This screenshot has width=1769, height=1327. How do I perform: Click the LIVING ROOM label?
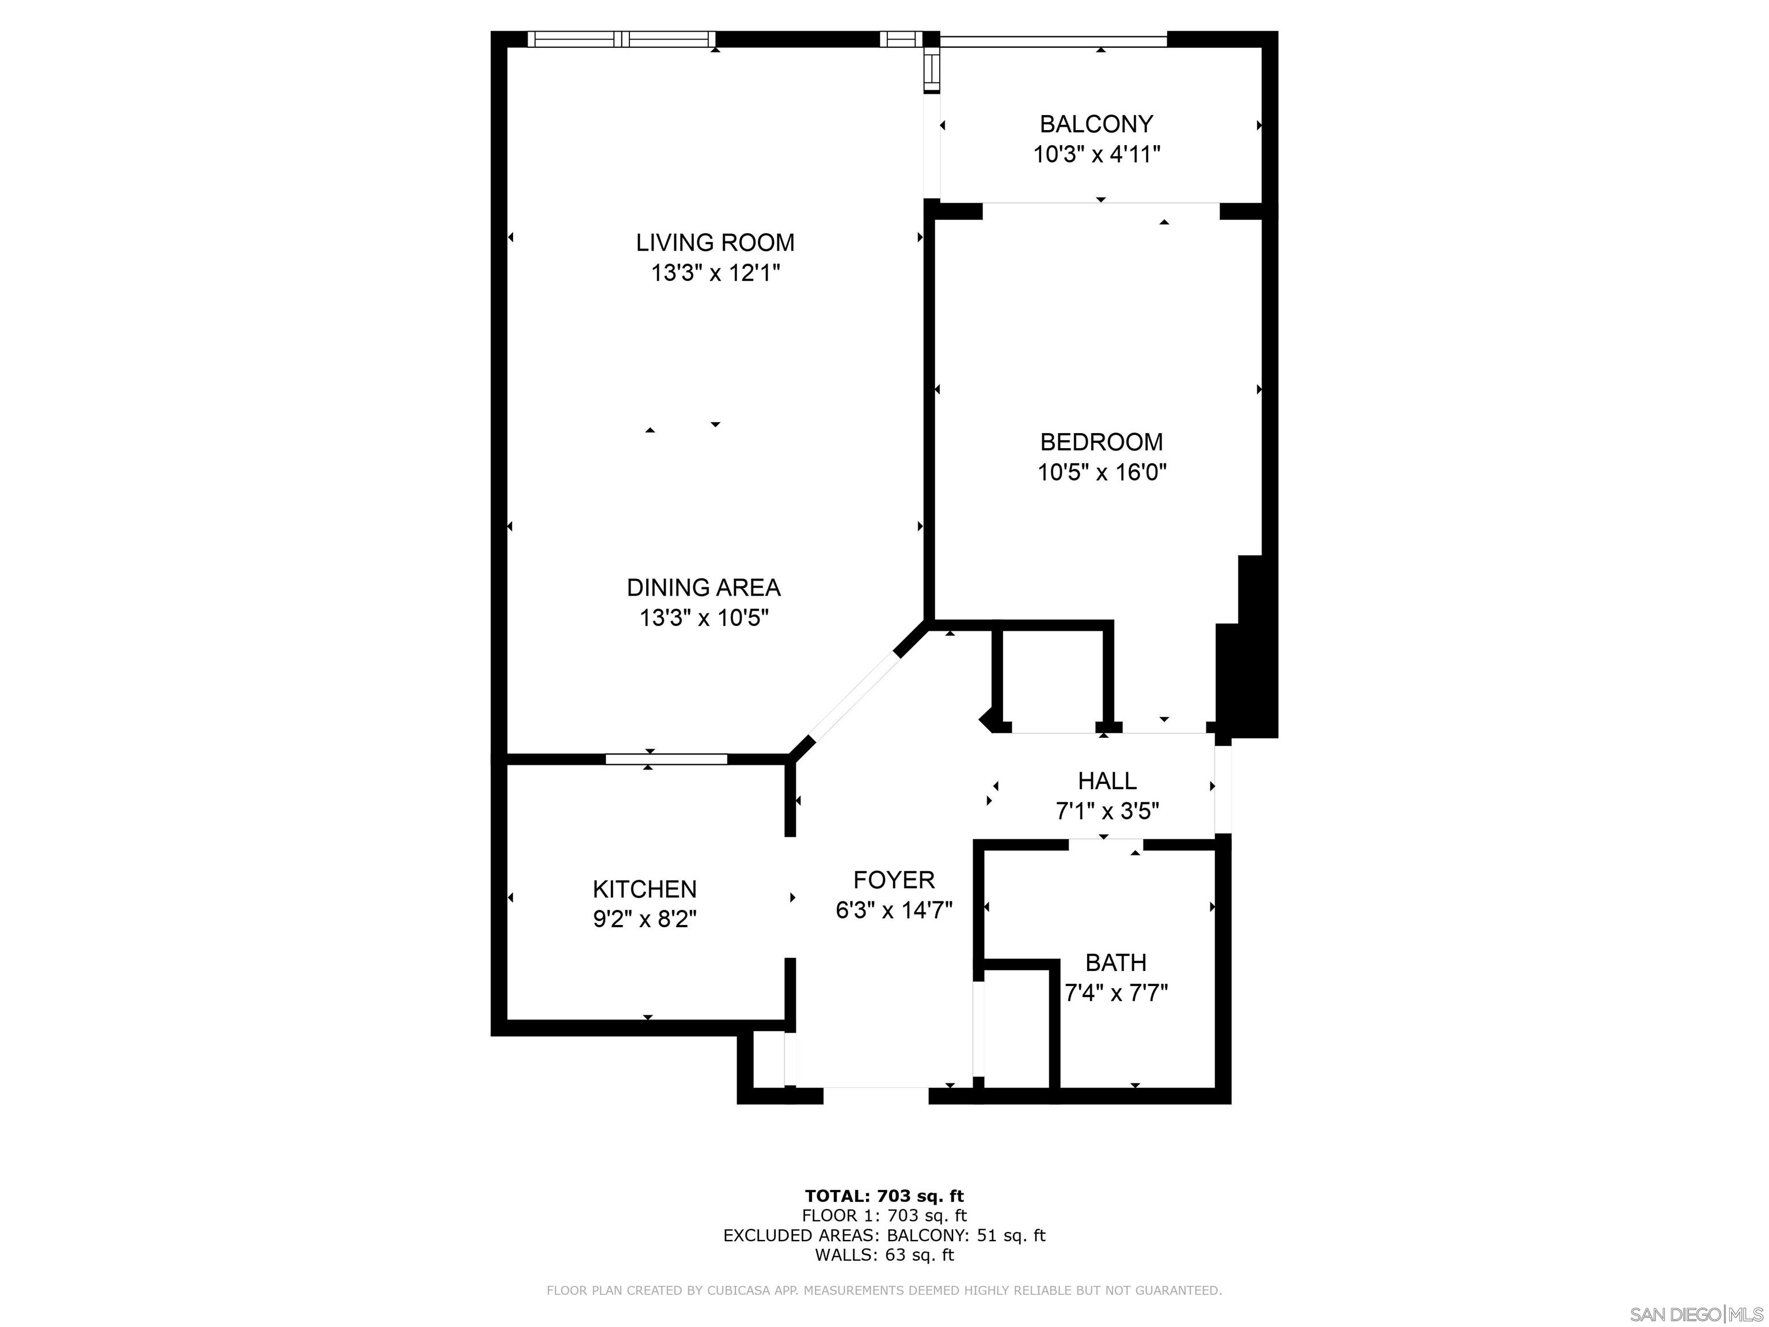pyautogui.click(x=715, y=242)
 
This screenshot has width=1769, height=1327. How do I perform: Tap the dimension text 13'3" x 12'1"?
pyautogui.click(x=715, y=274)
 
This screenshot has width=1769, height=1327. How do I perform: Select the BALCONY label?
pyautogui.click(x=1096, y=124)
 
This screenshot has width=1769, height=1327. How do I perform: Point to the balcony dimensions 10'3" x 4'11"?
pyautogui.click(x=1096, y=154)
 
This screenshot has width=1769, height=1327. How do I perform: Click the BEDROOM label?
pyautogui.click(x=1101, y=442)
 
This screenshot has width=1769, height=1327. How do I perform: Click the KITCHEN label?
pyautogui.click(x=644, y=889)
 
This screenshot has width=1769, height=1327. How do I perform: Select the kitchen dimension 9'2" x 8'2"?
pyautogui.click(x=644, y=919)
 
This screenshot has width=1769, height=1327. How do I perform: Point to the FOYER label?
pyautogui.click(x=893, y=880)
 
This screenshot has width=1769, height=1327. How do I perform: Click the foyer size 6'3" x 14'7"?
pyautogui.click(x=893, y=910)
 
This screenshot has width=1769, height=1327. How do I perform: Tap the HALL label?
pyautogui.click(x=1107, y=780)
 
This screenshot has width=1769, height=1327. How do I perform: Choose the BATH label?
pyautogui.click(x=1115, y=962)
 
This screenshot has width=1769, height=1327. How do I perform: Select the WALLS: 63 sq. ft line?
pyautogui.click(x=884, y=1255)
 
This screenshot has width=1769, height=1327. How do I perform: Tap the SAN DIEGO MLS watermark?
pyautogui.click(x=1695, y=1315)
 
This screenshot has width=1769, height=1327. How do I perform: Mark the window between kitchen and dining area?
pyautogui.click(x=665, y=759)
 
